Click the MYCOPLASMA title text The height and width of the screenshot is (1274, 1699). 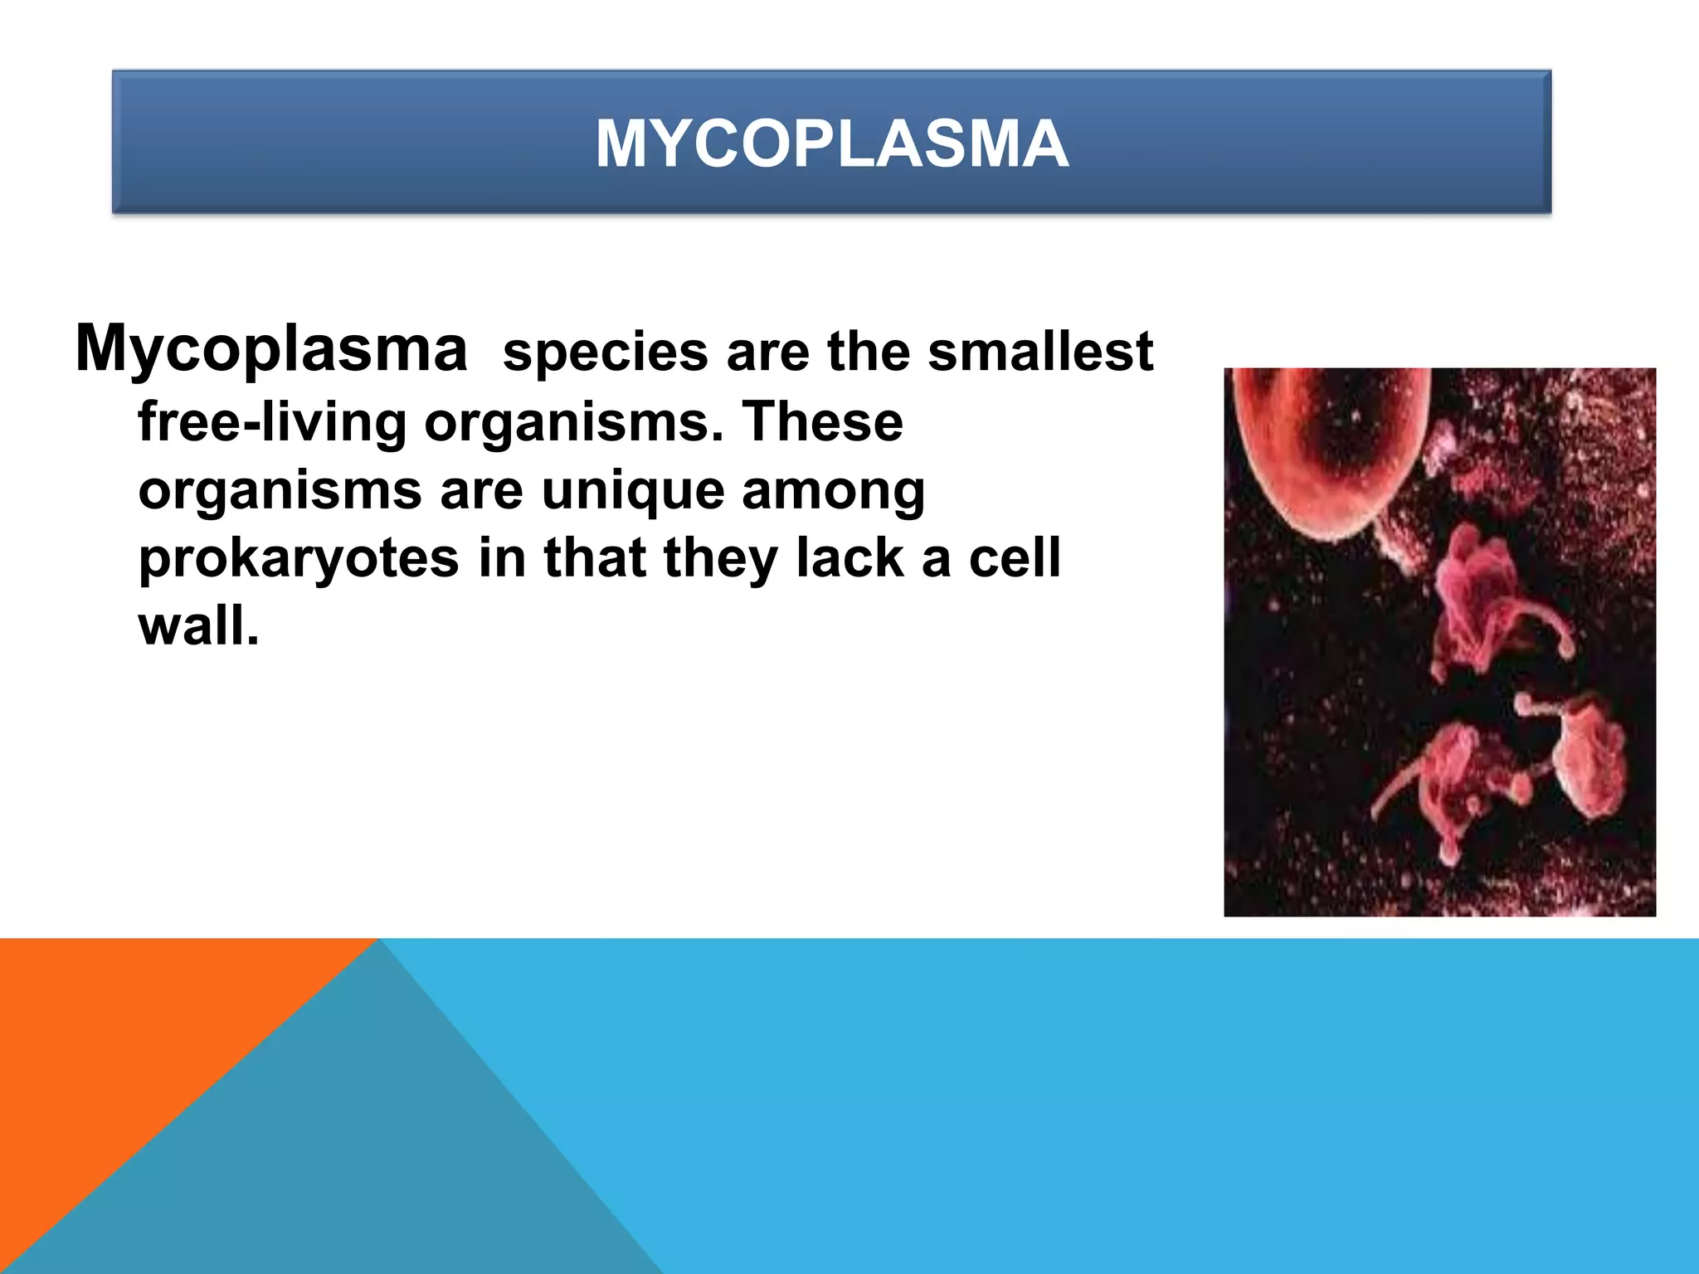(x=831, y=144)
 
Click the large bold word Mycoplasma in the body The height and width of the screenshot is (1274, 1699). (x=271, y=348)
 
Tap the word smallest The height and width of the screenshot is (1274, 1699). (x=1039, y=352)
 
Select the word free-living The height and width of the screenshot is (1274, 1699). (x=271, y=422)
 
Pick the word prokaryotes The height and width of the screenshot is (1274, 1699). (x=299, y=558)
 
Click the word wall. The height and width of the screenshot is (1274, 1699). (x=198, y=626)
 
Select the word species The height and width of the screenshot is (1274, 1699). (x=605, y=352)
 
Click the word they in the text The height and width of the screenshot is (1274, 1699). (x=720, y=557)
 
